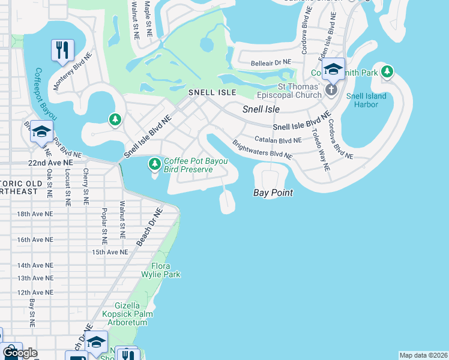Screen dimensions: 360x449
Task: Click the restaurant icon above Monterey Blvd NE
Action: pyautogui.click(x=62, y=50)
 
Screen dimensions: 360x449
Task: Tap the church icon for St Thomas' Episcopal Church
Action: pyautogui.click(x=330, y=90)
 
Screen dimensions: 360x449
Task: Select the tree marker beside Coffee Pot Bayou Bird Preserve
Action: pyautogui.click(x=155, y=163)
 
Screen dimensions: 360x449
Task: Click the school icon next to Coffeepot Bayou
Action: pyautogui.click(x=41, y=131)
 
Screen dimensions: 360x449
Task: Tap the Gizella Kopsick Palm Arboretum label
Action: pyautogui.click(x=125, y=314)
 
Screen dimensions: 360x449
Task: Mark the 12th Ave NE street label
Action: pyautogui.click(x=32, y=292)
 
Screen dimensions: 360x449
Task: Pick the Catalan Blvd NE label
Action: pyautogui.click(x=278, y=139)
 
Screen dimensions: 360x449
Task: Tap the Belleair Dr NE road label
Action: pyautogui.click(x=265, y=62)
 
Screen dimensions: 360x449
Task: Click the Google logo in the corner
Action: pyautogui.click(x=20, y=353)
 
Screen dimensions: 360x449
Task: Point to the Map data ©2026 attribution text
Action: pyautogui.click(x=423, y=355)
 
